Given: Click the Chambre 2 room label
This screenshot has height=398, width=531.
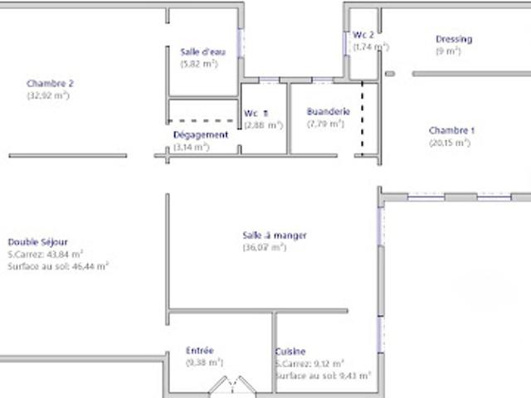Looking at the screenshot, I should [x=51, y=83].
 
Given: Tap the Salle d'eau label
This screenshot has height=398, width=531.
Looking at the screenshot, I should [x=199, y=51].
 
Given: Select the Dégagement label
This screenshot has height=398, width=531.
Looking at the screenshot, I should [x=201, y=134].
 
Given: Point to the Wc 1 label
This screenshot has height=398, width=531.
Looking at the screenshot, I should [x=256, y=114].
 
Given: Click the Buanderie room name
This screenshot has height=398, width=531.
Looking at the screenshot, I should [x=328, y=112].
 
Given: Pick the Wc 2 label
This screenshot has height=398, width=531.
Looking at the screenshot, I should [x=363, y=35].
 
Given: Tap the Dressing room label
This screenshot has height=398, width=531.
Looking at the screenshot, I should [x=454, y=39].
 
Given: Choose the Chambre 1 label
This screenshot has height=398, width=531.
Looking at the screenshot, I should [x=451, y=130].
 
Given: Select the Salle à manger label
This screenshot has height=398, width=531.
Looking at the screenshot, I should [x=275, y=235].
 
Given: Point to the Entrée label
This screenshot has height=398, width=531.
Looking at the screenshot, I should [x=200, y=351].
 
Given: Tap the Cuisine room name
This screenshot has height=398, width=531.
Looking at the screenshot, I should [x=290, y=351].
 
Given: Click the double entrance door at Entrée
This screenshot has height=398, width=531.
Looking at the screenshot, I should [x=231, y=386].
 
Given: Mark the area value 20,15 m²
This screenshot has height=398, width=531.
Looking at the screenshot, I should [x=450, y=143].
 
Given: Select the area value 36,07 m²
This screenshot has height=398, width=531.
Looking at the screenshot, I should [x=265, y=247].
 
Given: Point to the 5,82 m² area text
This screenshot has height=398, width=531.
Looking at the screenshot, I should [x=199, y=63].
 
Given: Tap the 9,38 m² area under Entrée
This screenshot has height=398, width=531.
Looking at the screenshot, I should [x=205, y=362].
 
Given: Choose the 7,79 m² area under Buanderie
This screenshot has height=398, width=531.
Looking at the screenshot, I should [x=325, y=124].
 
